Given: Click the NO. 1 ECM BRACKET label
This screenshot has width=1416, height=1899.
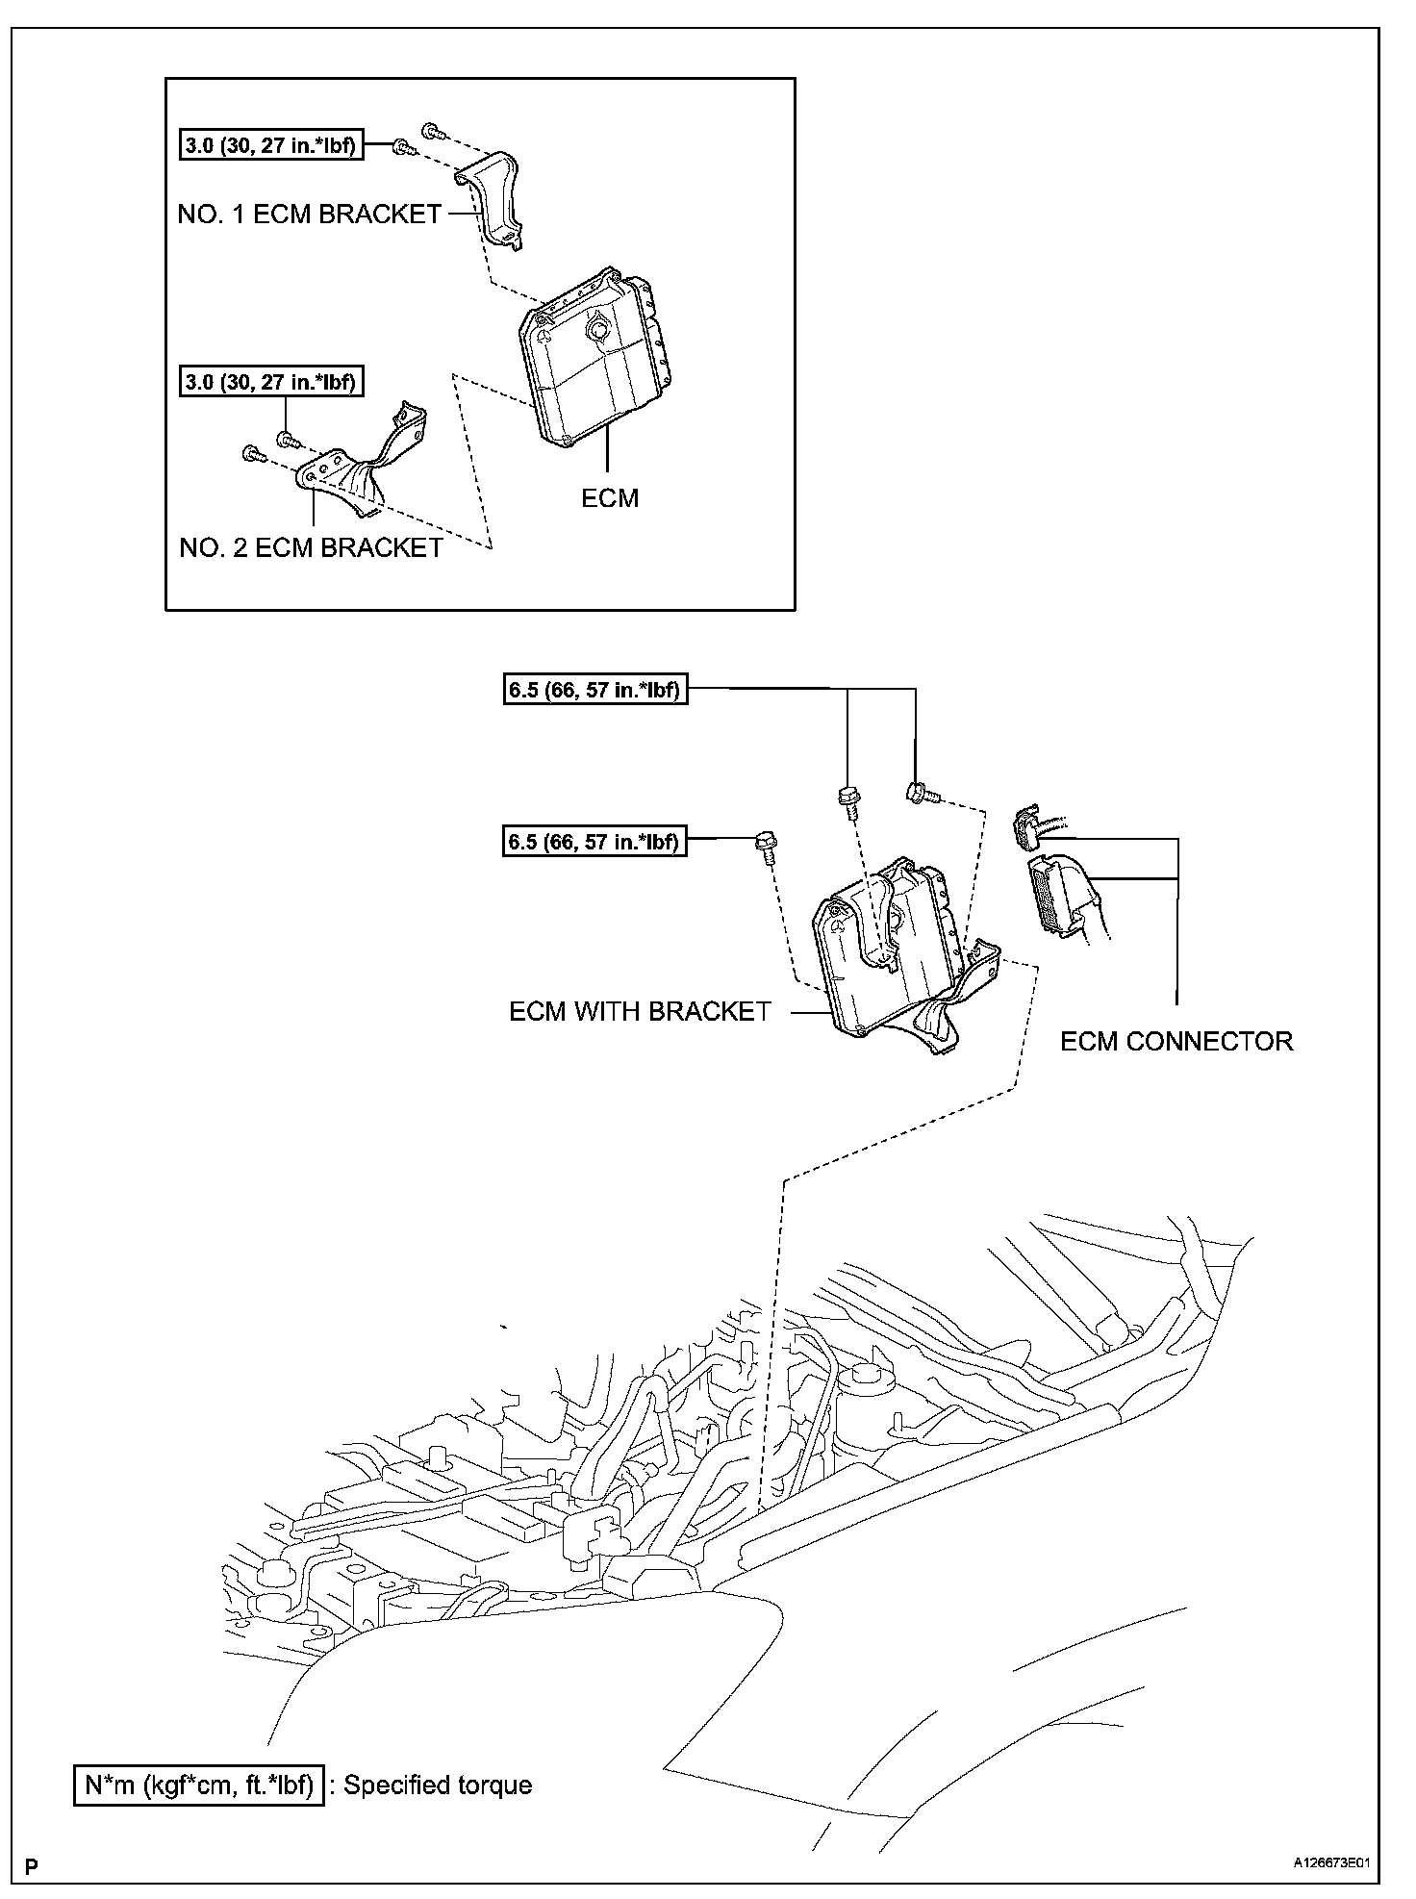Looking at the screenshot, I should pos(309,214).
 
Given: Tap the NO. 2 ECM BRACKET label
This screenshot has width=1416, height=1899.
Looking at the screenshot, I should pos(311,547).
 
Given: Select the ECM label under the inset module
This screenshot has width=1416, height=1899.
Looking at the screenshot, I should pos(610,498).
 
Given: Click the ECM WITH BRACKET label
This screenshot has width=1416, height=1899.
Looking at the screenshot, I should pos(640,1011).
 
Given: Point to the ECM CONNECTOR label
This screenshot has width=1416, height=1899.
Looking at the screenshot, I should pos(1176,1041).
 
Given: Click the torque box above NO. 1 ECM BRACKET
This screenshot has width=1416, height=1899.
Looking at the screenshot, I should pos(271,146).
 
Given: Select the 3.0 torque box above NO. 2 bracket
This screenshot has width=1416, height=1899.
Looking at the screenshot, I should pos(271,382).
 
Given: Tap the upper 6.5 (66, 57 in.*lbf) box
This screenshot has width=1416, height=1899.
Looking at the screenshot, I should pos(595,690).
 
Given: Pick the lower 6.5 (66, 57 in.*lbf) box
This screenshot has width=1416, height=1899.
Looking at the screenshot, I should pos(595,842).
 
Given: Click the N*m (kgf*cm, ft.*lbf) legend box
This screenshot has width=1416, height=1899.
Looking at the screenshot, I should pos(199,1785).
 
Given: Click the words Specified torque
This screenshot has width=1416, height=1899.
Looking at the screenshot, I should pos(438,1785).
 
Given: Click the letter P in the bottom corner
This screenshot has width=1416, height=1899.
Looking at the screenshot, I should pos(32,1864).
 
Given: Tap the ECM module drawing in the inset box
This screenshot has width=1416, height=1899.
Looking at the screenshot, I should pos(587,356).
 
